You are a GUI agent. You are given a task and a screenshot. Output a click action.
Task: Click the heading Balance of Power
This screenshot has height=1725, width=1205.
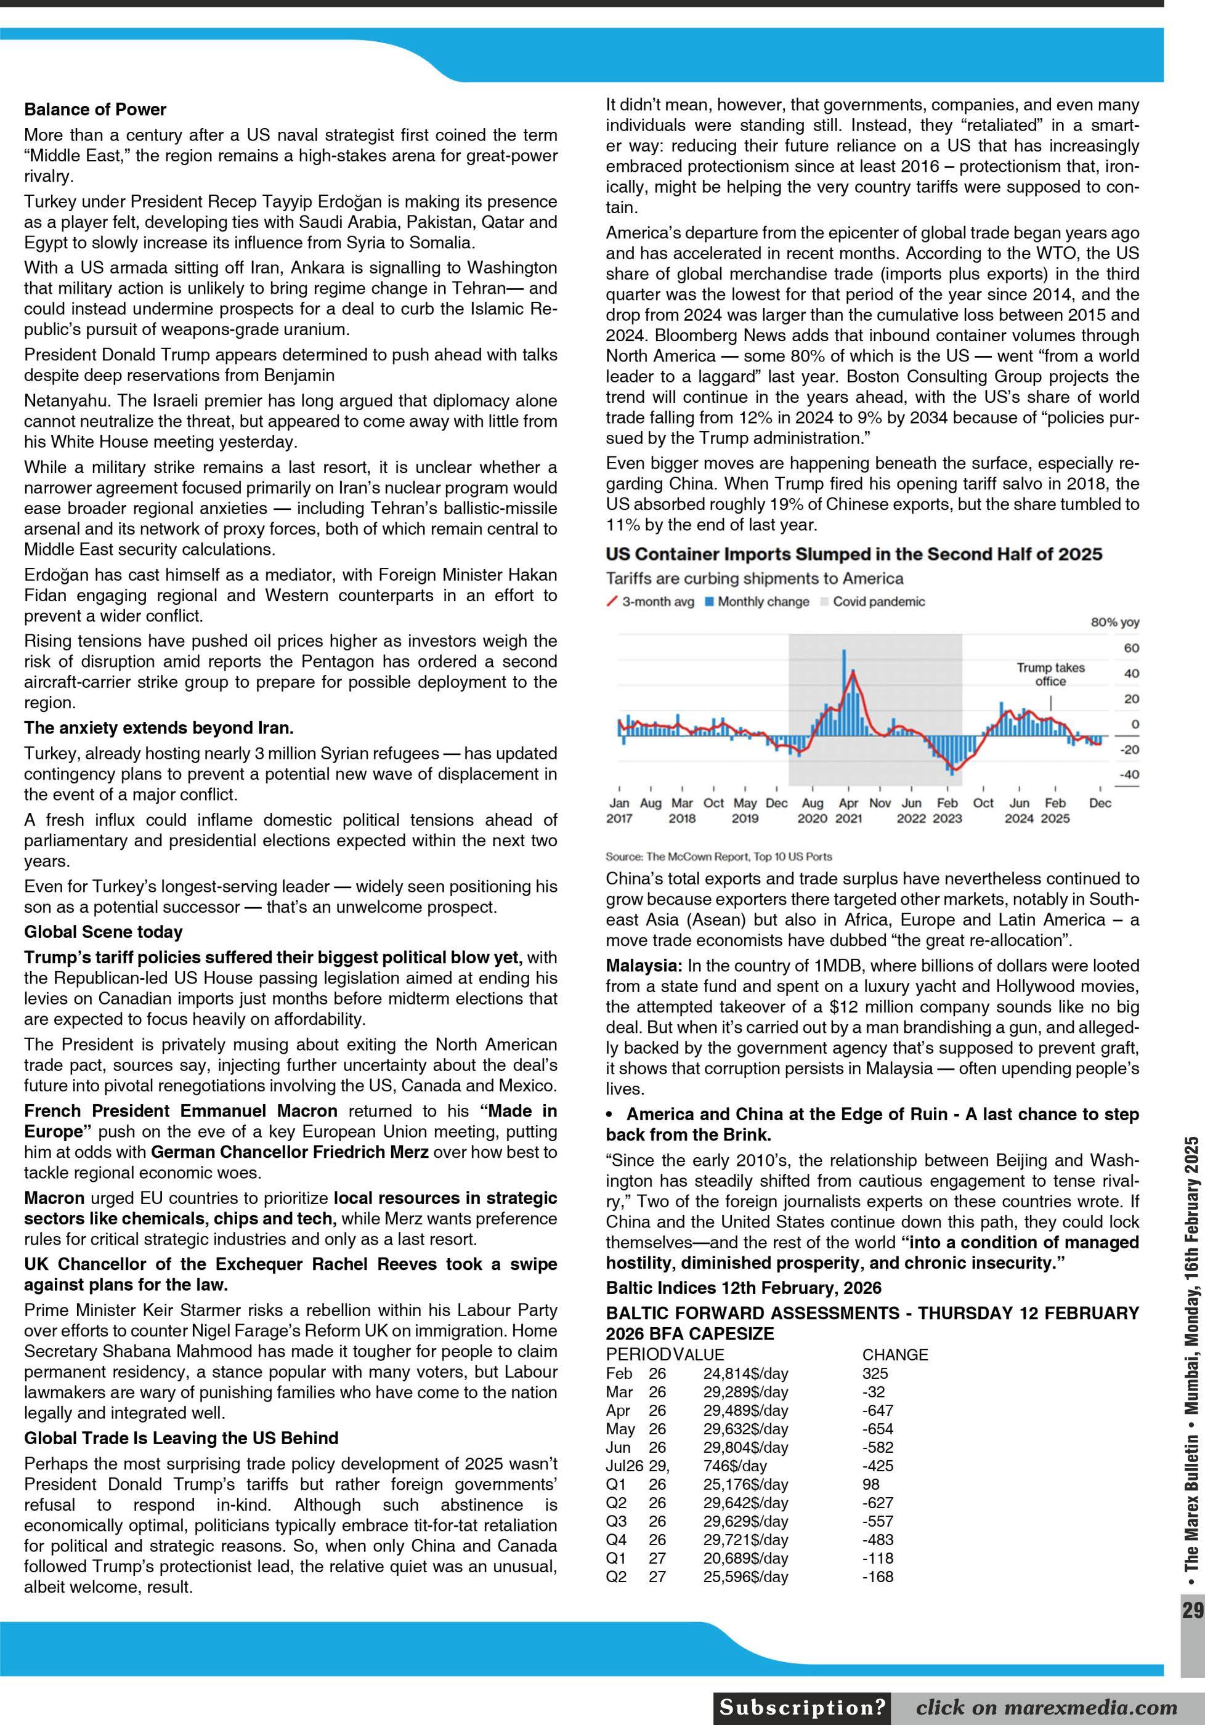coord(95,110)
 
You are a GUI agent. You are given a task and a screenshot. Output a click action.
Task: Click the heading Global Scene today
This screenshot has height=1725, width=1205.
coord(103,932)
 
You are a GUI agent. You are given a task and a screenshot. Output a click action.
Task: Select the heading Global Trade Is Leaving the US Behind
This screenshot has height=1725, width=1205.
coord(181,1437)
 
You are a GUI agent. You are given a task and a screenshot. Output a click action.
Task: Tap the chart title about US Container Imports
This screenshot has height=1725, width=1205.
coord(854,554)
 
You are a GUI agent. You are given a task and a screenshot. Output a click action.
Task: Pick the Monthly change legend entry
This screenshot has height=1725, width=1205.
coord(757,602)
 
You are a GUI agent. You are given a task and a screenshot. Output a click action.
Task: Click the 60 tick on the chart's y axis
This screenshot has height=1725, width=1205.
coord(1131,648)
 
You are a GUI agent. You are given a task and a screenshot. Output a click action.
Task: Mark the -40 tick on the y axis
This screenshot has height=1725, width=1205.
coord(1129,775)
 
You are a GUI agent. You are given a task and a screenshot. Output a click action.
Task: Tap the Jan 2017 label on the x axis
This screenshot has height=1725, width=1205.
coord(619,810)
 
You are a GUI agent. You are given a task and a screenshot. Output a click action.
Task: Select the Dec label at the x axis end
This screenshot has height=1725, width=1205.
coord(1100,803)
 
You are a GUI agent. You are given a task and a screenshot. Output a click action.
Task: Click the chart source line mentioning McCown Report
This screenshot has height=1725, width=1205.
coord(719,857)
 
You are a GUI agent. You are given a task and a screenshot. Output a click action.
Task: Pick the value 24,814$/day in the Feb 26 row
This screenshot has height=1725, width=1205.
coord(745,1373)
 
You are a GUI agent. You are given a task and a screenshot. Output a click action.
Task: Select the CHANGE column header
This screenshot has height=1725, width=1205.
coord(895,1355)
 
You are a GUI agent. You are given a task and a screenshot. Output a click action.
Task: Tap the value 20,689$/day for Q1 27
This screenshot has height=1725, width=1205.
coord(745,1558)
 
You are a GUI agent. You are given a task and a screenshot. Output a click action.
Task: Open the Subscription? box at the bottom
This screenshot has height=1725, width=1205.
coord(803,1708)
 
